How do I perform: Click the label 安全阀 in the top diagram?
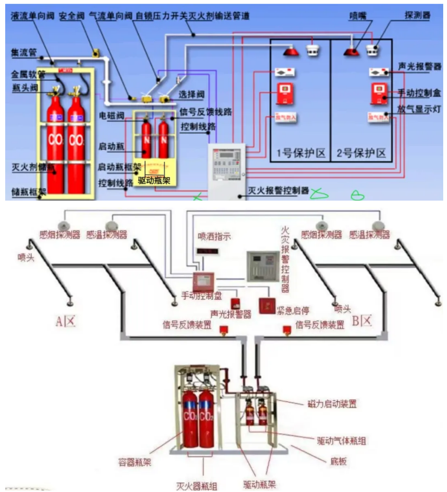[72, 16]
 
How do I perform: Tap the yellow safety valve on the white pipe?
[95, 53]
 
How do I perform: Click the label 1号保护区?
[301, 153]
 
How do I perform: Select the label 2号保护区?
[361, 153]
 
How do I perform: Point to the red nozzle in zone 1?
[291, 51]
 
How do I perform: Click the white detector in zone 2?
[373, 50]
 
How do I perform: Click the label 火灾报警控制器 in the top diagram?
[278, 190]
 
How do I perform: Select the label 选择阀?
[192, 94]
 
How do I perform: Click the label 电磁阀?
[111, 116]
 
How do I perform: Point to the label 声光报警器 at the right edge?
[419, 66]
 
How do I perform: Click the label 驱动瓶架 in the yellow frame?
[154, 180]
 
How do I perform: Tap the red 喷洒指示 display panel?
[207, 251]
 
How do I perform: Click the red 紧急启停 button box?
[267, 306]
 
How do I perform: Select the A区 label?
[65, 321]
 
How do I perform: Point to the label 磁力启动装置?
[332, 404]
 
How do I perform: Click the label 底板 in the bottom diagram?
[338, 461]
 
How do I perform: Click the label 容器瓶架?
[135, 462]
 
